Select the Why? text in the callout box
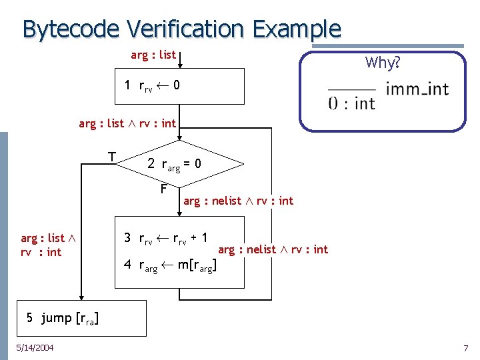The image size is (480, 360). pos(382,63)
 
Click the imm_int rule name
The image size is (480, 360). pos(417,88)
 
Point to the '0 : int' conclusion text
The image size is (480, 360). pos(351,103)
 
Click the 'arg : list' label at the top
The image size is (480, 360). pos(153,55)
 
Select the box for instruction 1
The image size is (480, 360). pos(180,85)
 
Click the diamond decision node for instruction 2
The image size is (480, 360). pos(179,163)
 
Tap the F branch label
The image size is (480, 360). pos(163,189)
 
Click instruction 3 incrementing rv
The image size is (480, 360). pos(165,239)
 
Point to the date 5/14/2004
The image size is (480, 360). pos(35,347)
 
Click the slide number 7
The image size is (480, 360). pos(466,348)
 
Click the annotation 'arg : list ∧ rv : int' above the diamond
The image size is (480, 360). pos(127,123)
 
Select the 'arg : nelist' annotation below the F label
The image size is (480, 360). pos(238,201)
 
